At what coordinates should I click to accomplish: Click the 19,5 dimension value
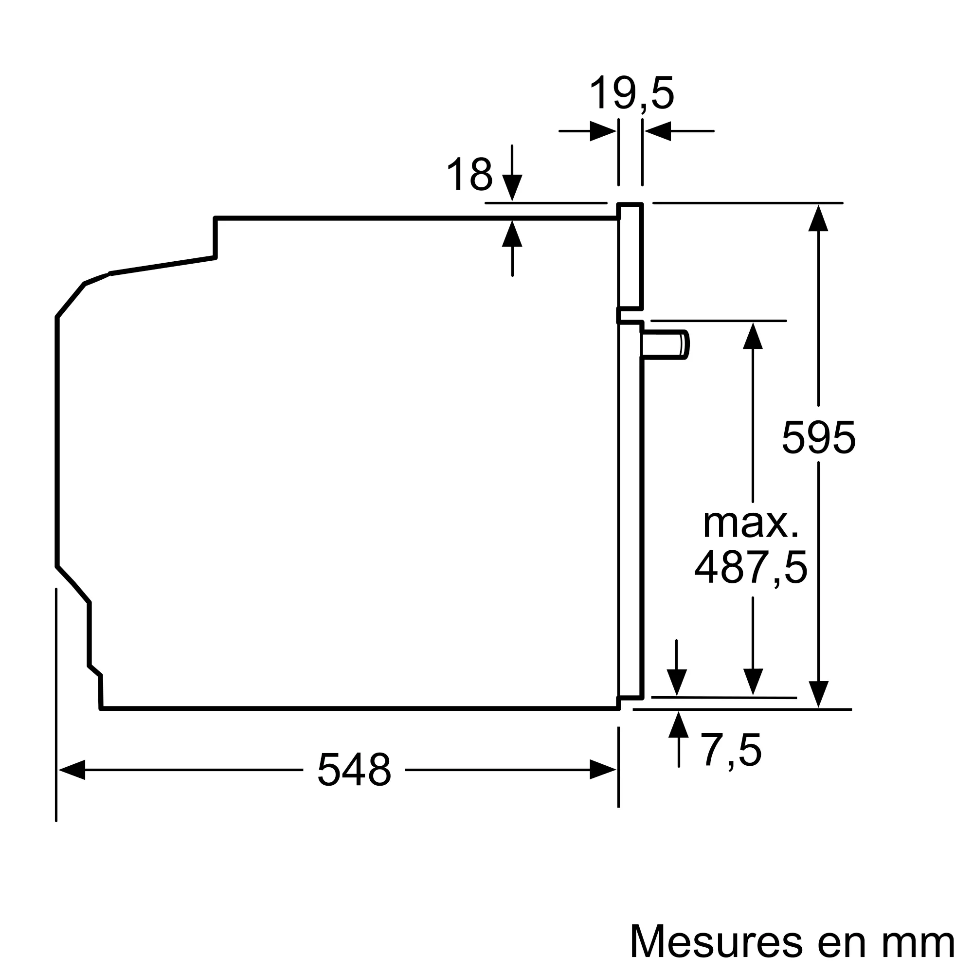pyautogui.click(x=631, y=94)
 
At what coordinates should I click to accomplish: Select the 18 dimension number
pyautogui.click(x=469, y=174)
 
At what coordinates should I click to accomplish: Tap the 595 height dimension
pyautogui.click(x=818, y=438)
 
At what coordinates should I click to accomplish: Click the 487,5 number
pyautogui.click(x=751, y=568)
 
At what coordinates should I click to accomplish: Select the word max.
pyautogui.click(x=751, y=524)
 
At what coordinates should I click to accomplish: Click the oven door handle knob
pyautogui.click(x=665, y=345)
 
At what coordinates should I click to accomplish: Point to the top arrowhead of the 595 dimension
pyautogui.click(x=818, y=218)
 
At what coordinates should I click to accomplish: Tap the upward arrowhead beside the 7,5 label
pyautogui.click(x=678, y=725)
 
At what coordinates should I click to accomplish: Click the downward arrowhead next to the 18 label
pyautogui.click(x=512, y=187)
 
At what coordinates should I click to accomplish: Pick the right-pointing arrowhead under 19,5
pyautogui.click(x=603, y=131)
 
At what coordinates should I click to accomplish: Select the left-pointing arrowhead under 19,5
pyautogui.click(x=658, y=131)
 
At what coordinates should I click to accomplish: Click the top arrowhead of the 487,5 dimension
pyautogui.click(x=753, y=336)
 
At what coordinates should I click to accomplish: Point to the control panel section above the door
pyautogui.click(x=630, y=256)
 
